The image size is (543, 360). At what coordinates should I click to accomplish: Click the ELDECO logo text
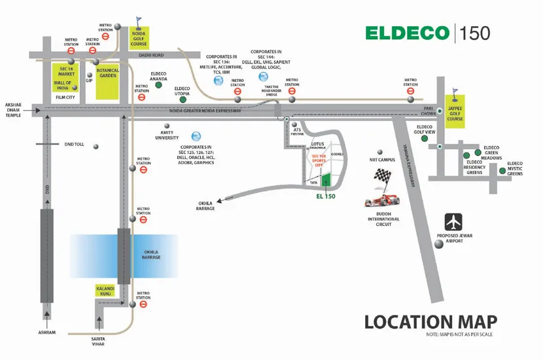click(406, 33)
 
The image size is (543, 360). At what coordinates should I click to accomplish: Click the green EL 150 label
click(325, 196)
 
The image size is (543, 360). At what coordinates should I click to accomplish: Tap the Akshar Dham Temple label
click(14, 110)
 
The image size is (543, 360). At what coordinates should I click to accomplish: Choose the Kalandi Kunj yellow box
click(105, 291)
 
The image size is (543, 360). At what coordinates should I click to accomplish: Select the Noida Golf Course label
click(139, 36)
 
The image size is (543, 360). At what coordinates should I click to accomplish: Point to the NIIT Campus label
click(381, 159)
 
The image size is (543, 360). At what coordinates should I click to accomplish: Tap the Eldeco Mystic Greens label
click(514, 168)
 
